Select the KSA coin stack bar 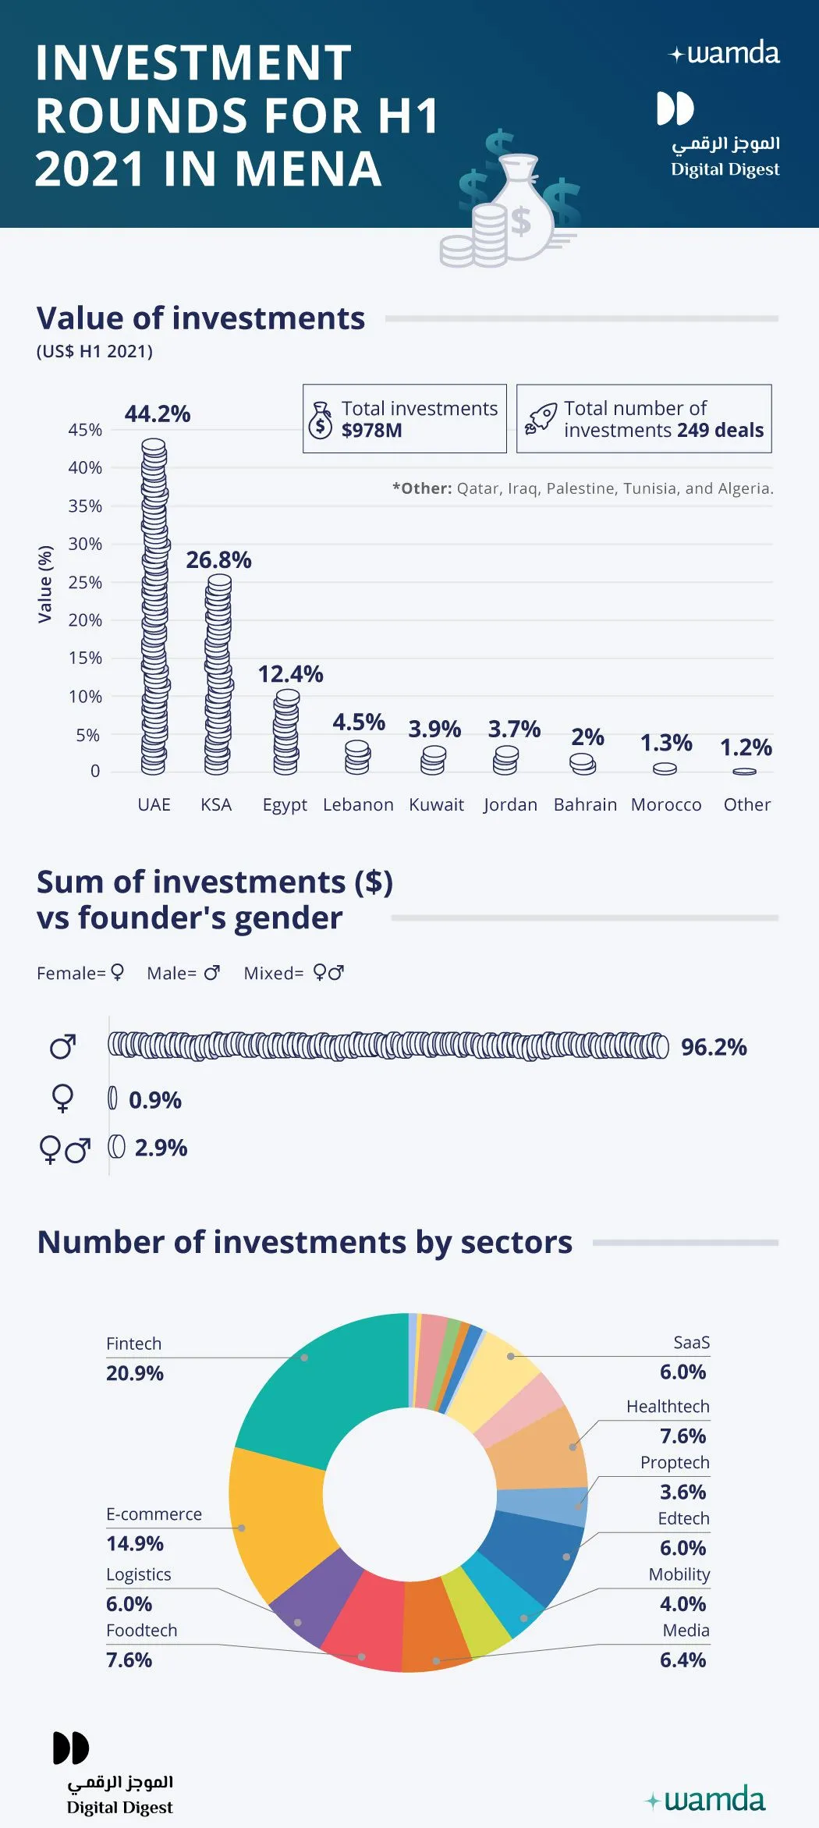(218, 674)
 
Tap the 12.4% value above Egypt (290, 674)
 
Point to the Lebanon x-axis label (358, 804)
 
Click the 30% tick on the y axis (85, 544)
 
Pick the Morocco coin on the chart (665, 768)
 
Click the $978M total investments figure (371, 431)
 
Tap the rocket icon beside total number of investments (541, 418)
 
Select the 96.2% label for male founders (714, 1047)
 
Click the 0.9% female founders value (155, 1100)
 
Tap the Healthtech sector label (668, 1407)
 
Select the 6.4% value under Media (682, 1660)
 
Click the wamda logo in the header (725, 53)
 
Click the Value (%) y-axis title (45, 584)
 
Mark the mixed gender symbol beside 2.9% (65, 1149)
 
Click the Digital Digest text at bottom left (119, 1808)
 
